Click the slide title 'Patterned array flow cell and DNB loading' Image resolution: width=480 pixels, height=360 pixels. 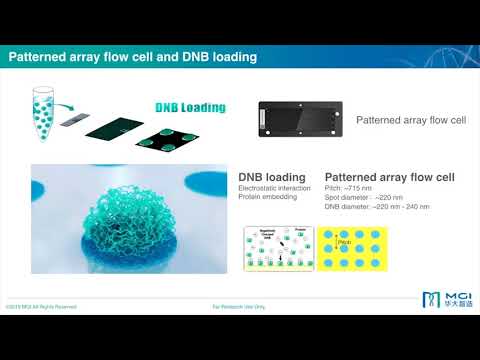[133, 58]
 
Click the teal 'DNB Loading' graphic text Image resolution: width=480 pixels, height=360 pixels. [190, 108]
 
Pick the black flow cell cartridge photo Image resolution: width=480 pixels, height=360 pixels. [297, 119]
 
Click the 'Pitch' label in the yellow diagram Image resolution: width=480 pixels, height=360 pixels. [345, 243]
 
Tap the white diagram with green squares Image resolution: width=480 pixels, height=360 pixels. [275, 249]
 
